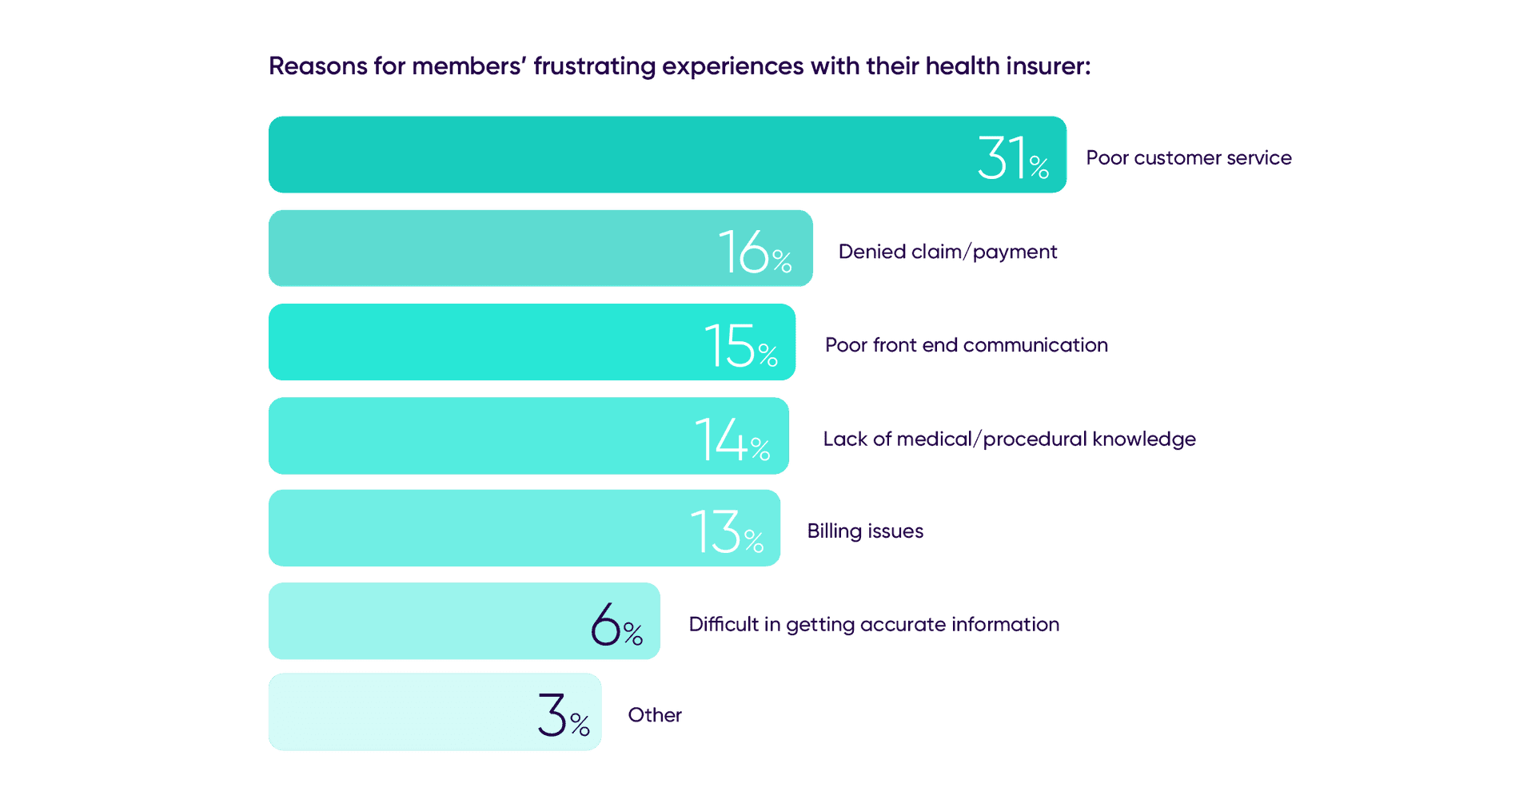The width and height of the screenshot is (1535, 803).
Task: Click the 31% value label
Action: click(x=1012, y=157)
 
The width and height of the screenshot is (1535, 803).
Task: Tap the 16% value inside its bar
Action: click(x=754, y=252)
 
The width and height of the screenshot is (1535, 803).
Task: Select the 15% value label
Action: click(x=740, y=345)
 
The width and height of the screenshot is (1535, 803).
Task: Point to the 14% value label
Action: click(x=732, y=439)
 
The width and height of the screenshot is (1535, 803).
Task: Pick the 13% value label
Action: click(x=726, y=532)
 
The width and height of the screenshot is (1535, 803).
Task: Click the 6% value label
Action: click(x=616, y=625)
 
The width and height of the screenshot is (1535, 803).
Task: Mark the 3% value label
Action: click(x=563, y=715)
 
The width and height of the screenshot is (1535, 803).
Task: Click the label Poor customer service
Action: click(x=1188, y=158)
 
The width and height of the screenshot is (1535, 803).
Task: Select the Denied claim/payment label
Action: click(x=947, y=252)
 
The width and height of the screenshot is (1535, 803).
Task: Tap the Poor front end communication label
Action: click(x=966, y=345)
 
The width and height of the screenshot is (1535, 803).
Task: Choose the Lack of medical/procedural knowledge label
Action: click(x=1009, y=439)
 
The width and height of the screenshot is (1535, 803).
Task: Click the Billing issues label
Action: click(x=865, y=531)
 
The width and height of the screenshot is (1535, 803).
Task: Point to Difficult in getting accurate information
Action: click(x=874, y=625)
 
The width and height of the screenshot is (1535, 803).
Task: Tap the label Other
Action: click(x=655, y=715)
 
